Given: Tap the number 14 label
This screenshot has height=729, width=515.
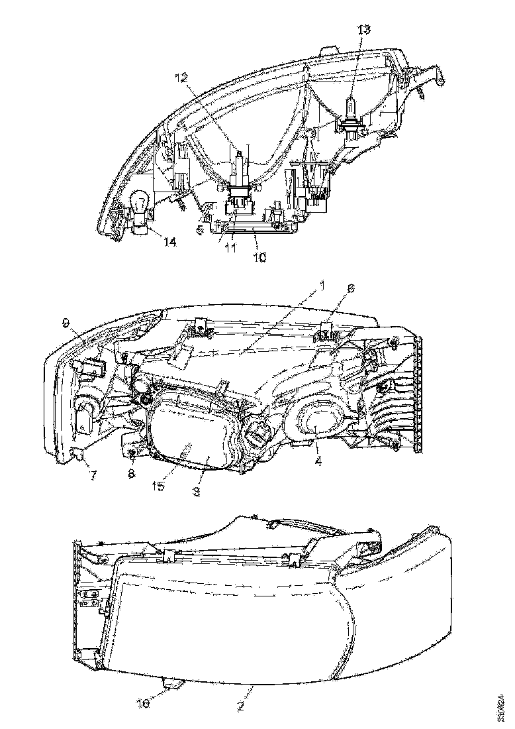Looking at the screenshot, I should [x=170, y=243].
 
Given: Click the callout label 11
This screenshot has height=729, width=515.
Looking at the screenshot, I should [x=230, y=249].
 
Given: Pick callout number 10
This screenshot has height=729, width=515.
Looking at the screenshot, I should [x=259, y=257].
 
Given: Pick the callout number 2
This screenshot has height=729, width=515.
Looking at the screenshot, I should [x=242, y=706].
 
